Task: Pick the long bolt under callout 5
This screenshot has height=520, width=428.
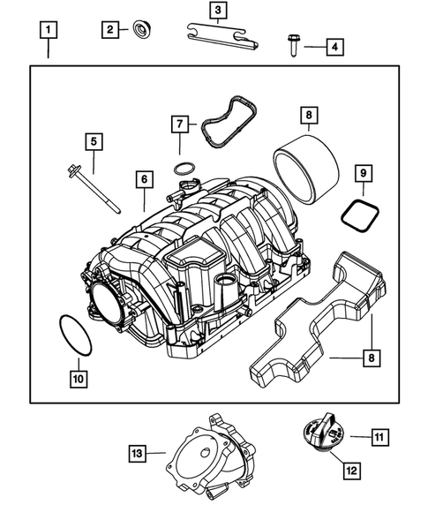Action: (x=93, y=187)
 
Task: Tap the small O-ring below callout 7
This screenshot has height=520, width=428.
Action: (x=183, y=167)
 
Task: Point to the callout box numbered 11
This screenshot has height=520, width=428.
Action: (x=379, y=435)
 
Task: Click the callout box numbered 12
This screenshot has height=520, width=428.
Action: (x=350, y=471)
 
